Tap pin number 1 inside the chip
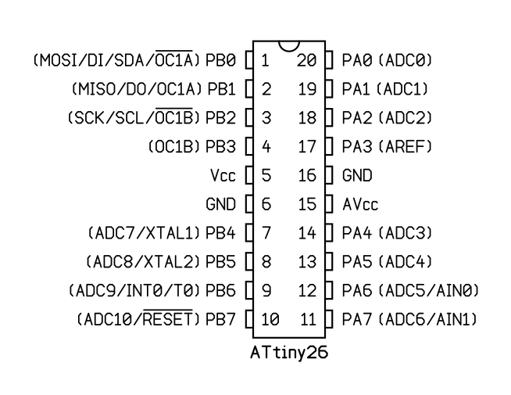pyautogui.click(x=266, y=59)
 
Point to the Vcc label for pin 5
pyautogui.click(x=223, y=175)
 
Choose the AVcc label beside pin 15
pyautogui.click(x=360, y=204)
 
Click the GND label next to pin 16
pyautogui.click(x=357, y=175)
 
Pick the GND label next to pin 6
pyautogui.click(x=220, y=204)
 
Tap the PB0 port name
pyautogui.click(x=221, y=59)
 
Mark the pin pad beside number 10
pyautogui.click(x=249, y=320)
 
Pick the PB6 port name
pyautogui.click(x=221, y=291)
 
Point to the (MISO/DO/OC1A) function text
pyautogui.click(x=137, y=88)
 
